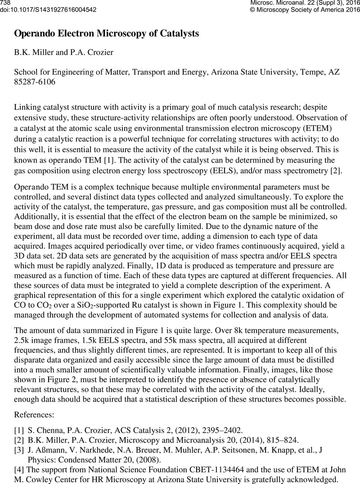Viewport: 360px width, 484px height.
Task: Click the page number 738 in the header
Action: (5, 3)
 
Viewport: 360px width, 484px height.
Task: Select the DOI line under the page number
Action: (49, 9)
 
